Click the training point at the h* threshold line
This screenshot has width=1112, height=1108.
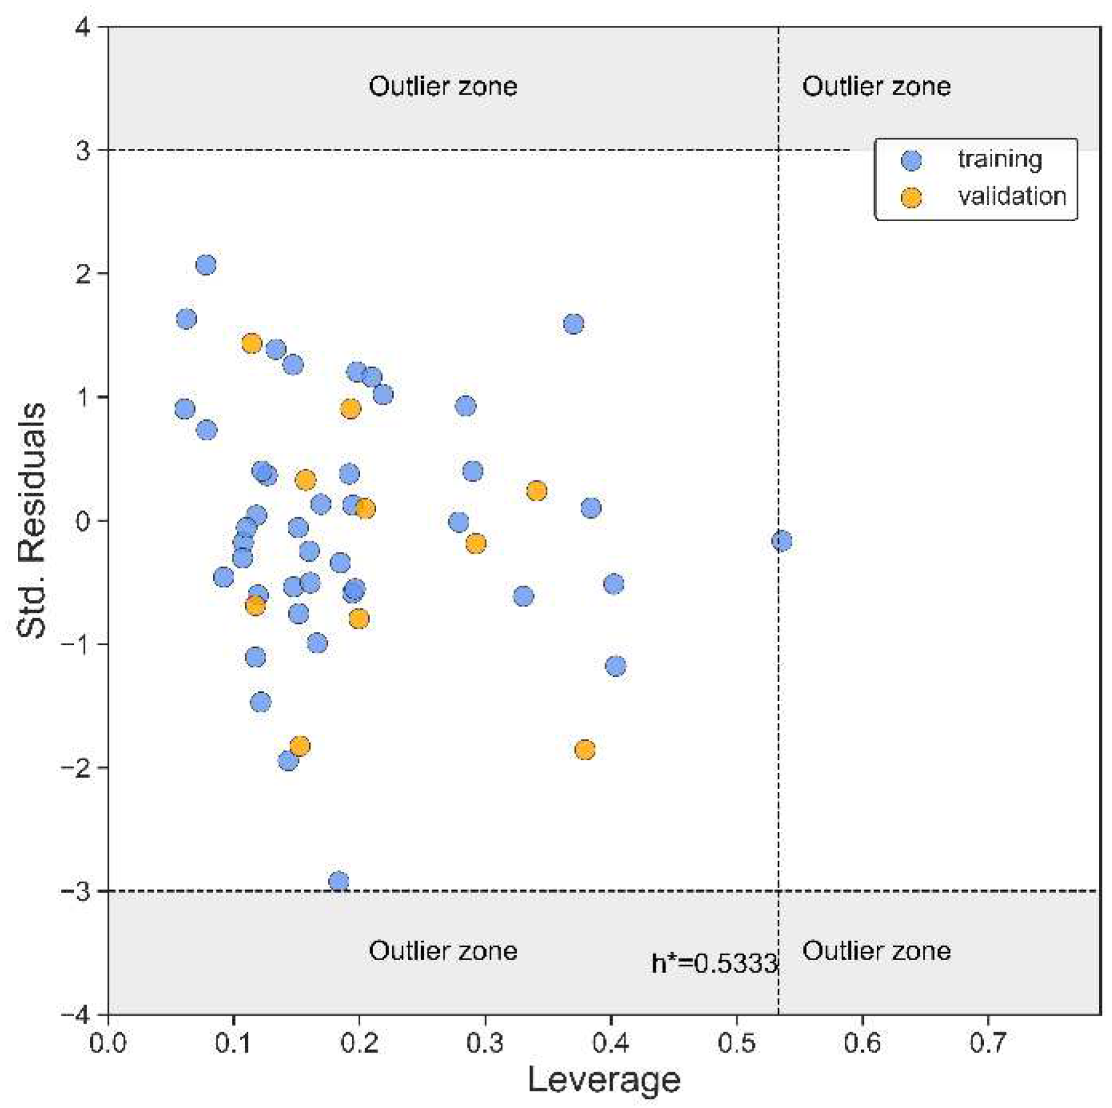pos(781,541)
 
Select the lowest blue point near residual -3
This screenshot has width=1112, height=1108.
pos(338,881)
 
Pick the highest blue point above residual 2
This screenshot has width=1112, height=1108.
pos(206,265)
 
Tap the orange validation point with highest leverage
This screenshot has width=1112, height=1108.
pos(584,750)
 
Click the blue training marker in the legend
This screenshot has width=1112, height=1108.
pos(911,160)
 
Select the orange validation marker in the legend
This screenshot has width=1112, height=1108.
pos(911,197)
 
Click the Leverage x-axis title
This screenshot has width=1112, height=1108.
pos(603,1080)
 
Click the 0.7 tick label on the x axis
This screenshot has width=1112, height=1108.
pos(988,1043)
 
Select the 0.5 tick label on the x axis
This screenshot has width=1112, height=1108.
pos(736,1043)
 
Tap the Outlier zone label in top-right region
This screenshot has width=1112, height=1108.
pos(876,86)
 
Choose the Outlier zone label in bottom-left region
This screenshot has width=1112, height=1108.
pos(443,951)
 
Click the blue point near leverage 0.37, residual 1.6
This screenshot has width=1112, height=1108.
pos(573,324)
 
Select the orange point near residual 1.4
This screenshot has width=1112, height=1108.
pos(251,343)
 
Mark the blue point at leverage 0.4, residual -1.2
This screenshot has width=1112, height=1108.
pos(615,666)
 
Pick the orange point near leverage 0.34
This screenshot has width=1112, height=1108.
pos(536,491)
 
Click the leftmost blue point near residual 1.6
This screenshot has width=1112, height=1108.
pos(186,318)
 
